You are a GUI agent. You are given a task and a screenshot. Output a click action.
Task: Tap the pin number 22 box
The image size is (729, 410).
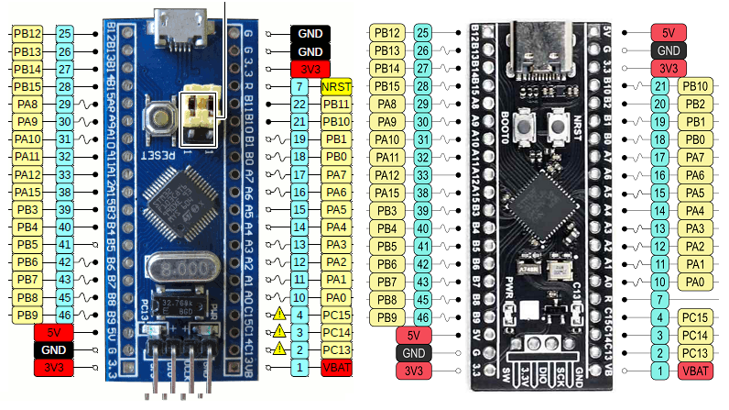point(299,105)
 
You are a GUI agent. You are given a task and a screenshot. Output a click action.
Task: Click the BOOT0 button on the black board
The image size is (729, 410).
point(525,127)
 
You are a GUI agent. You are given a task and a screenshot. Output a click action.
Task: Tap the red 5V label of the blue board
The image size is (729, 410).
point(53,332)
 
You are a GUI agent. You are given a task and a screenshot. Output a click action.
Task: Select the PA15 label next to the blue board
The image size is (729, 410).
point(27,193)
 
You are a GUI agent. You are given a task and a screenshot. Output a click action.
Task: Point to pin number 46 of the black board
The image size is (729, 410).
point(422,316)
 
